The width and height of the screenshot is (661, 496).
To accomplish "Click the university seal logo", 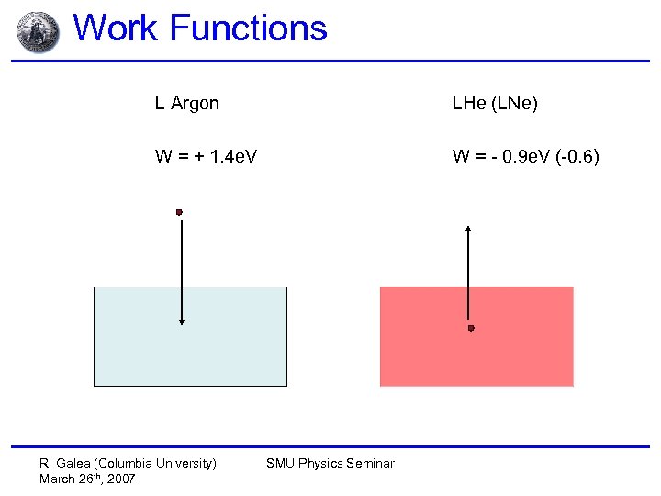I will coord(38,31).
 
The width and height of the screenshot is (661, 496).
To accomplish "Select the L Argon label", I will coord(186,104).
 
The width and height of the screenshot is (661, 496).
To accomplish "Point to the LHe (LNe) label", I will coord(495,104).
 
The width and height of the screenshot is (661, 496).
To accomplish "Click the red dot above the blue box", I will coord(180,212).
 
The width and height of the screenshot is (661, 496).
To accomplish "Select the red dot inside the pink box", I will coord(471,328).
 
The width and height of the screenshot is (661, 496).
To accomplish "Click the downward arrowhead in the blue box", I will coord(182,321).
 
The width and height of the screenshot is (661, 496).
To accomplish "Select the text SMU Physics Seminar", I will coord(330,463).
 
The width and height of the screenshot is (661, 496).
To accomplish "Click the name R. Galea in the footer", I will coord(64,463).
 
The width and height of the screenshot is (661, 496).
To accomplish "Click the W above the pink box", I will coord(461,157).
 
